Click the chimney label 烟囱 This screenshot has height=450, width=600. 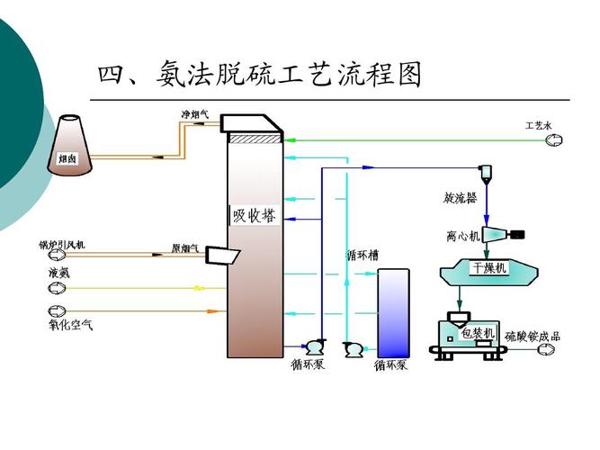(x=66, y=157)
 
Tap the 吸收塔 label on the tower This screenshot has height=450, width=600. (x=254, y=215)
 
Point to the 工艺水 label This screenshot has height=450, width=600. (x=539, y=125)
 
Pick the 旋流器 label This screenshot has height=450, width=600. (x=460, y=197)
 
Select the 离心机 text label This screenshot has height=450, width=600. (x=463, y=236)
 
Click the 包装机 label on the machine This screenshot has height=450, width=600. (x=478, y=333)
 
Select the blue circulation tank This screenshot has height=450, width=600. (x=392, y=310)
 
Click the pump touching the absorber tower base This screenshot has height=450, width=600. (x=315, y=346)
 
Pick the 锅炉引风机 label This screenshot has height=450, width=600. (x=61, y=244)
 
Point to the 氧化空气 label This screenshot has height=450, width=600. (x=71, y=324)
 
